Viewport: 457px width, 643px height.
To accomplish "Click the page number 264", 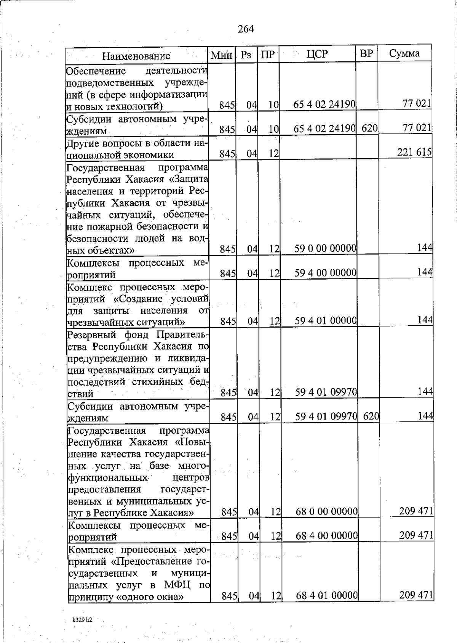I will (x=246, y=29).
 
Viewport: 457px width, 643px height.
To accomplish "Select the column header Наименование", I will (x=136, y=56).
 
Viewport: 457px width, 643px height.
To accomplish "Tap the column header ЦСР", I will (x=317, y=54).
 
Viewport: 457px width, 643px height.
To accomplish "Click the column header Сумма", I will (x=404, y=53).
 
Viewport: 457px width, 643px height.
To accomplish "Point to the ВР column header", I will (x=366, y=53).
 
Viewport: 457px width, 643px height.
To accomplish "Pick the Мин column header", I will (x=222, y=56).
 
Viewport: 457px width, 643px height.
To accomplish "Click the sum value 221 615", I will (x=414, y=152).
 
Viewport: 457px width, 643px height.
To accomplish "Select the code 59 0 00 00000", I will (x=326, y=249).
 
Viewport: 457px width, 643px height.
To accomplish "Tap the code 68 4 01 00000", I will (x=327, y=595).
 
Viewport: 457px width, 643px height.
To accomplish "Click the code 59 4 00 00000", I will (x=326, y=273).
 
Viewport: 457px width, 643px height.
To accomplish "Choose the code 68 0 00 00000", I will (x=327, y=511).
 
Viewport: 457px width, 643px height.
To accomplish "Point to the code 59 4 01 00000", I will (x=326, y=321).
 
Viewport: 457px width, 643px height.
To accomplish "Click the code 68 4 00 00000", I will (x=327, y=536).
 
